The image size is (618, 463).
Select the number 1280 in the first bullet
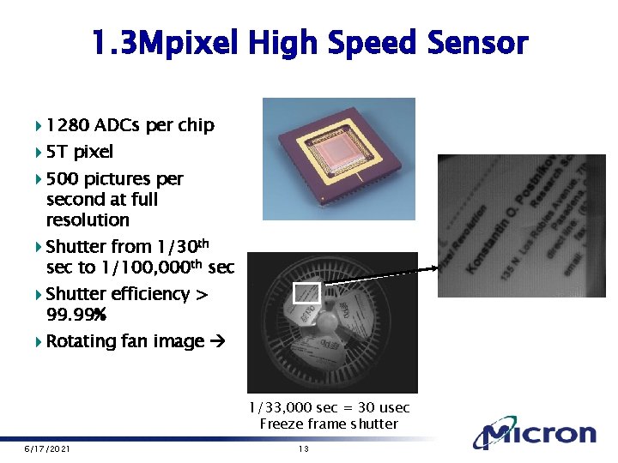[x=68, y=125]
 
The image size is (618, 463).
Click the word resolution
[x=88, y=220]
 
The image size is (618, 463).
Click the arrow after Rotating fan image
[x=216, y=341]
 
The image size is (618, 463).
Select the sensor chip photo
[x=337, y=153]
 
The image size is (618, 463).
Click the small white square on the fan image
[x=306, y=293]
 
